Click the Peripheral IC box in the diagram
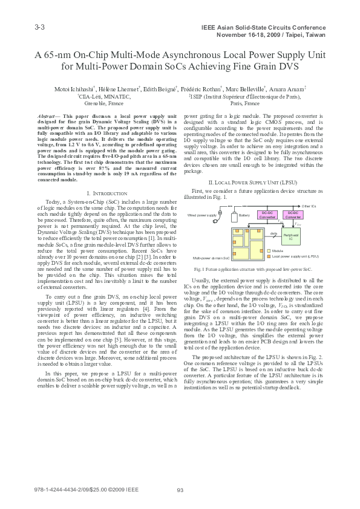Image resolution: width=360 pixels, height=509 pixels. click(290, 238)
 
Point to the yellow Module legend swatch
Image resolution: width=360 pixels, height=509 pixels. click(269, 250)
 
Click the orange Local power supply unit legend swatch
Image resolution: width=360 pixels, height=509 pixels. click(269, 256)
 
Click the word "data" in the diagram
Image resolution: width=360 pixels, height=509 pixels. click(273, 233)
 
